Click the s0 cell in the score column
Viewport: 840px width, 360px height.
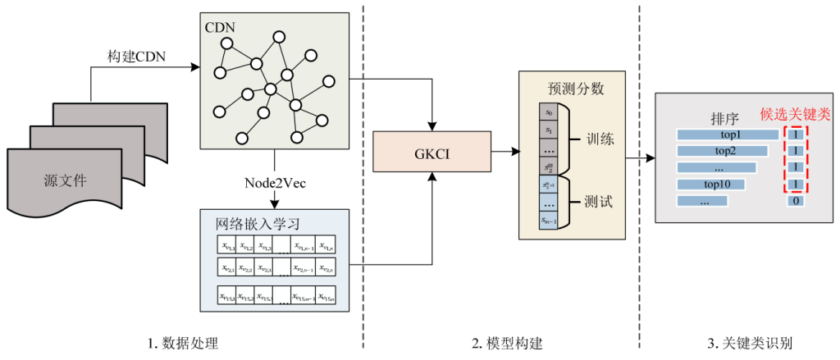[x=549, y=112]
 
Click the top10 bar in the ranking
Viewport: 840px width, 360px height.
[x=711, y=184]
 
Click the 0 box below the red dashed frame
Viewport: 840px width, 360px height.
[x=795, y=200]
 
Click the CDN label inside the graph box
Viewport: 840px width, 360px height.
[x=221, y=26]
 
